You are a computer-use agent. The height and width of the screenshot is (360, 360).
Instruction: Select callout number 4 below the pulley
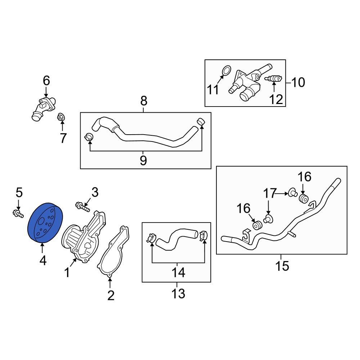click(x=43, y=260)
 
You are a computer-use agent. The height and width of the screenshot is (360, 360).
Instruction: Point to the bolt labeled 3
click(x=82, y=206)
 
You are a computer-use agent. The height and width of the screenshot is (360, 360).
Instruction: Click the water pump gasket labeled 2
click(x=113, y=252)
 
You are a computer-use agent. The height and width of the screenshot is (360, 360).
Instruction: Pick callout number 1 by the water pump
click(x=67, y=273)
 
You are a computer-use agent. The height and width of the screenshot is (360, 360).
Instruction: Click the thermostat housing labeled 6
click(x=44, y=108)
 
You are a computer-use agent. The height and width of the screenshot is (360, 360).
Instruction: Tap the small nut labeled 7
click(x=60, y=118)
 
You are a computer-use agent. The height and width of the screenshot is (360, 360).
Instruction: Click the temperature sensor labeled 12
click(x=273, y=79)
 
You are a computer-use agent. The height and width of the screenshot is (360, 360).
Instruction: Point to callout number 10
click(x=298, y=82)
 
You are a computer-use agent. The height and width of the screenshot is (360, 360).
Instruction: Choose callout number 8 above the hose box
click(x=144, y=101)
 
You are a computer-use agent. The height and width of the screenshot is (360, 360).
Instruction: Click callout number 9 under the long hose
click(x=143, y=161)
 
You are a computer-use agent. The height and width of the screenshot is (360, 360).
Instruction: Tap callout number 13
click(x=178, y=294)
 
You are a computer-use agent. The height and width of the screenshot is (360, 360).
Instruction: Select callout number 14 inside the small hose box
click(x=178, y=273)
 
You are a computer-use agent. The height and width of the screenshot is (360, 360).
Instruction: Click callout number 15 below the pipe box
click(x=282, y=266)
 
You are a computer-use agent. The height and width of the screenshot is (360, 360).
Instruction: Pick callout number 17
click(x=269, y=193)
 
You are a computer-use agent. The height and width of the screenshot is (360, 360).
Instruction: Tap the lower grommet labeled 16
click(x=257, y=225)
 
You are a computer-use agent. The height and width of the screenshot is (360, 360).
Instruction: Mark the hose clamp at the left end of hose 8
click(x=89, y=137)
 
